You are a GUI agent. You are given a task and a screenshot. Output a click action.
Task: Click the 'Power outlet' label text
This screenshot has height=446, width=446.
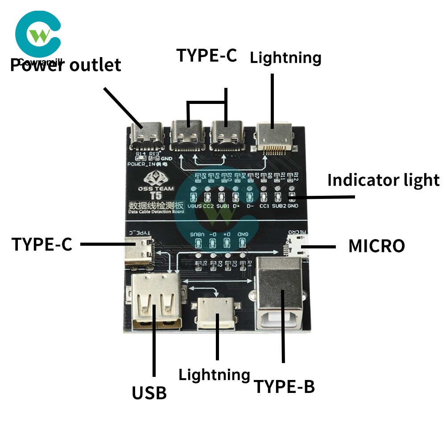(66, 65)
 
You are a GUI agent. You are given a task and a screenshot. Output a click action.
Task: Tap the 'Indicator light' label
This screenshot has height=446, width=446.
(383, 180)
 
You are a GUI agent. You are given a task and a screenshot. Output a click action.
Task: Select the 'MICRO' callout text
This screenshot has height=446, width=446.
(376, 246)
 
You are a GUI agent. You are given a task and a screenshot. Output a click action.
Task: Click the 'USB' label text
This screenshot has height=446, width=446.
(149, 393)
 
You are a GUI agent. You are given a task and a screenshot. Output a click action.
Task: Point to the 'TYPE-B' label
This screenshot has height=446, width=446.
(284, 387)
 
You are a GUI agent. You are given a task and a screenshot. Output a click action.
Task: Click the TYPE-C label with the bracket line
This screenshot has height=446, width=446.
(206, 55)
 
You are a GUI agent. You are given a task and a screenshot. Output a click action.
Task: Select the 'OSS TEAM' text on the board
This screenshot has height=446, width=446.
(156, 188)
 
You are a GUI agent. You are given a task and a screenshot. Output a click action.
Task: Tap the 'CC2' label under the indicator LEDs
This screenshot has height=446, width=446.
(208, 206)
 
